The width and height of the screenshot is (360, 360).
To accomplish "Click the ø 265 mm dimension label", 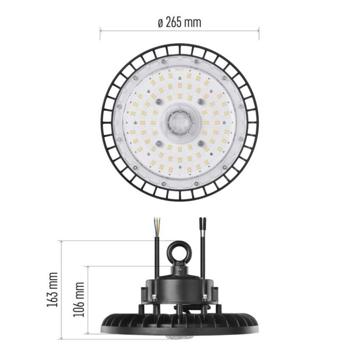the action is pos(180,22).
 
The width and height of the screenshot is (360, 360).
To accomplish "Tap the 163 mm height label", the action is pos(52,290).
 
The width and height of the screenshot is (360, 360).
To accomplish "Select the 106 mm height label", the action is pos(79,300).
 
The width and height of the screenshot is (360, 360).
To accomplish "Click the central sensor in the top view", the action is pos(180,122).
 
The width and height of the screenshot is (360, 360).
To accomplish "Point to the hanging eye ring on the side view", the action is pos(178,252).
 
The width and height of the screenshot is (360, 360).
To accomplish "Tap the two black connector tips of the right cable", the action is pos(202,223).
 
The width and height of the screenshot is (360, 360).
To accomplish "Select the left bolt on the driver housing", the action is pos(154,297).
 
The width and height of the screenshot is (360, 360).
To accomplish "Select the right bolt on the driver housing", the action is pos(204,297).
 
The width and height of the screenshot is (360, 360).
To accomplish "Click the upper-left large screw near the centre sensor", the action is pos(158,101).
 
